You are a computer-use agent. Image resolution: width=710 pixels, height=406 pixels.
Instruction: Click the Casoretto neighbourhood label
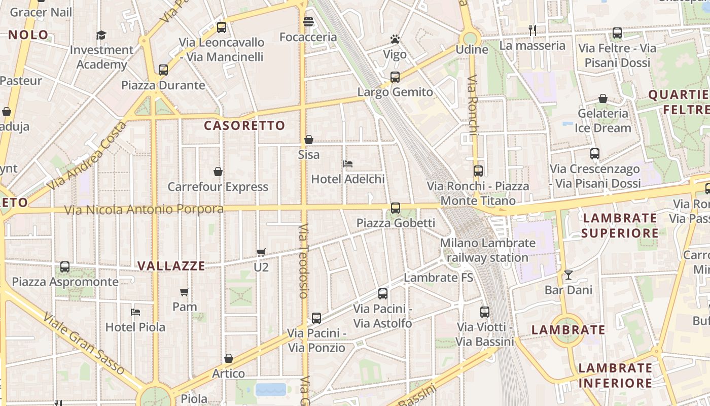click(244, 125)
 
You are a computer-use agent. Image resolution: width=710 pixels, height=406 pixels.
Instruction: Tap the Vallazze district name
click(171, 266)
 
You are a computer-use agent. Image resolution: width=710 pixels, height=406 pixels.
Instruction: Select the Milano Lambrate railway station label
click(487, 250)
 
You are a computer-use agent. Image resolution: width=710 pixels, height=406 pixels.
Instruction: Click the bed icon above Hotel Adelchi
click(348, 164)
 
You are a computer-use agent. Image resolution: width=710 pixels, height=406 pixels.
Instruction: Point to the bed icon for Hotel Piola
click(135, 312)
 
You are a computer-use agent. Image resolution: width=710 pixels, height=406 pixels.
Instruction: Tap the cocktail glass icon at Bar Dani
click(568, 275)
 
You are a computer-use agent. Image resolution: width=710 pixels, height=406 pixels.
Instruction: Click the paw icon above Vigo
click(395, 39)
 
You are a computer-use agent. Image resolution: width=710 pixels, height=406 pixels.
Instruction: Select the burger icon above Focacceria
click(308, 22)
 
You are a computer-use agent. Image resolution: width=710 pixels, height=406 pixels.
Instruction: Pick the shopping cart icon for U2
click(261, 252)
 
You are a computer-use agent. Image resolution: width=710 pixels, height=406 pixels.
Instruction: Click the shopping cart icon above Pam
click(185, 292)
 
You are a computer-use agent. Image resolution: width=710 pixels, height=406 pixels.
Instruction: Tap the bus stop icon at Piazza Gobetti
click(396, 208)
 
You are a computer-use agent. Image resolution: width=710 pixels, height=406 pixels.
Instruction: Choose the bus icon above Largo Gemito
click(395, 77)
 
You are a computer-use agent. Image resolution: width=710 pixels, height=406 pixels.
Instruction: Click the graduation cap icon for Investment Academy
click(101, 35)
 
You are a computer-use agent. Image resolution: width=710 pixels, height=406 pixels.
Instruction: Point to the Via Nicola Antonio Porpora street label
click(144, 209)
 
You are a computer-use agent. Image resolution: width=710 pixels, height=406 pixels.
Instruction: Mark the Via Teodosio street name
click(304, 260)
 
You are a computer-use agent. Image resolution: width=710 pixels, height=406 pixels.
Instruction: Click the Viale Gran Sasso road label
click(84, 343)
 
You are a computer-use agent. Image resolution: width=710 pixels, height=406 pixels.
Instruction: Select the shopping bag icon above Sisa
click(308, 140)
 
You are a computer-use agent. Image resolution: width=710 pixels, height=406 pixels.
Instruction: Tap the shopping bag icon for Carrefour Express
click(218, 172)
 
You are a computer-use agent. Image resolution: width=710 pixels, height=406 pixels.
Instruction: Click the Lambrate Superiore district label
click(620, 226)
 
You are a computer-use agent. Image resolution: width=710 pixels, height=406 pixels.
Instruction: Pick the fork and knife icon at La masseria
click(532, 30)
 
